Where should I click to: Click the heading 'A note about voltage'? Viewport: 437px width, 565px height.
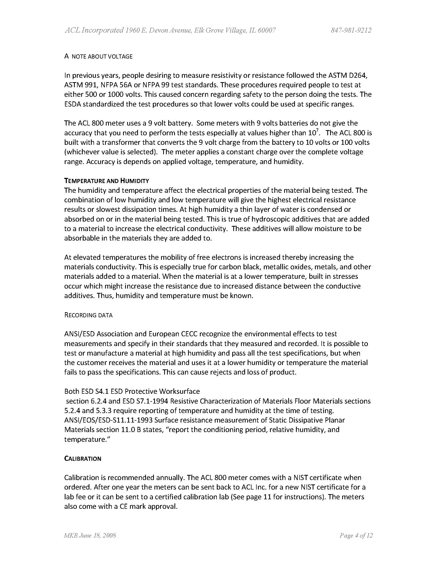click(98, 56)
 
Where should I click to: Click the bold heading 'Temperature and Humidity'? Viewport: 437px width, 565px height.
click(107, 180)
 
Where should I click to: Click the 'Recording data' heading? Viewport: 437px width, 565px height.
click(89, 315)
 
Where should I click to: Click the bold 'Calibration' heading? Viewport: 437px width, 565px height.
click(82, 459)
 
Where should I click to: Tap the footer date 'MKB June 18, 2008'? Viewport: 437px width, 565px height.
click(90, 535)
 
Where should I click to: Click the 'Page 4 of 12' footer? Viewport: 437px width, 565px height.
click(356, 535)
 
